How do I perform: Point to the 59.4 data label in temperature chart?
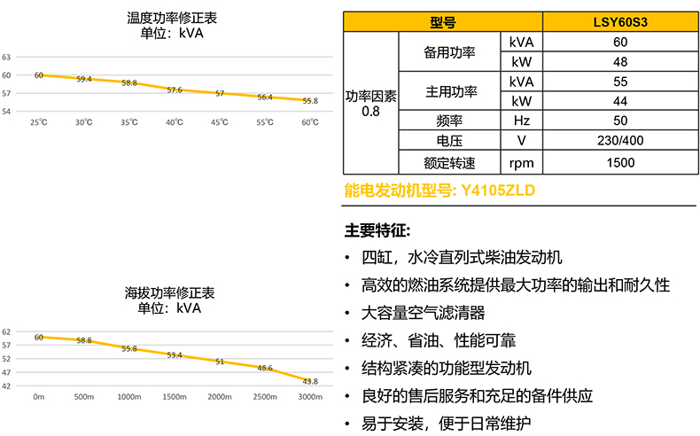click(84, 79)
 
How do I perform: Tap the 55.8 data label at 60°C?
click(310, 101)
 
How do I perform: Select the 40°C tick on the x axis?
click(175, 122)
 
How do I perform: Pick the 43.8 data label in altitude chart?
click(310, 381)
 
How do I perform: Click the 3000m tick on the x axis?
click(310, 397)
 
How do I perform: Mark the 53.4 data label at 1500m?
click(175, 354)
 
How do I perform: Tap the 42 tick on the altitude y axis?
click(6, 385)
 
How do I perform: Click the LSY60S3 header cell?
click(619, 21)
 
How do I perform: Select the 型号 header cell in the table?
click(443, 21)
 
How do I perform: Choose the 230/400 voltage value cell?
click(619, 141)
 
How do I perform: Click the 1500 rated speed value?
click(619, 162)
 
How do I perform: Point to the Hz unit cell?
click(522, 121)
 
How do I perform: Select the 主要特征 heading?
click(377, 230)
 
